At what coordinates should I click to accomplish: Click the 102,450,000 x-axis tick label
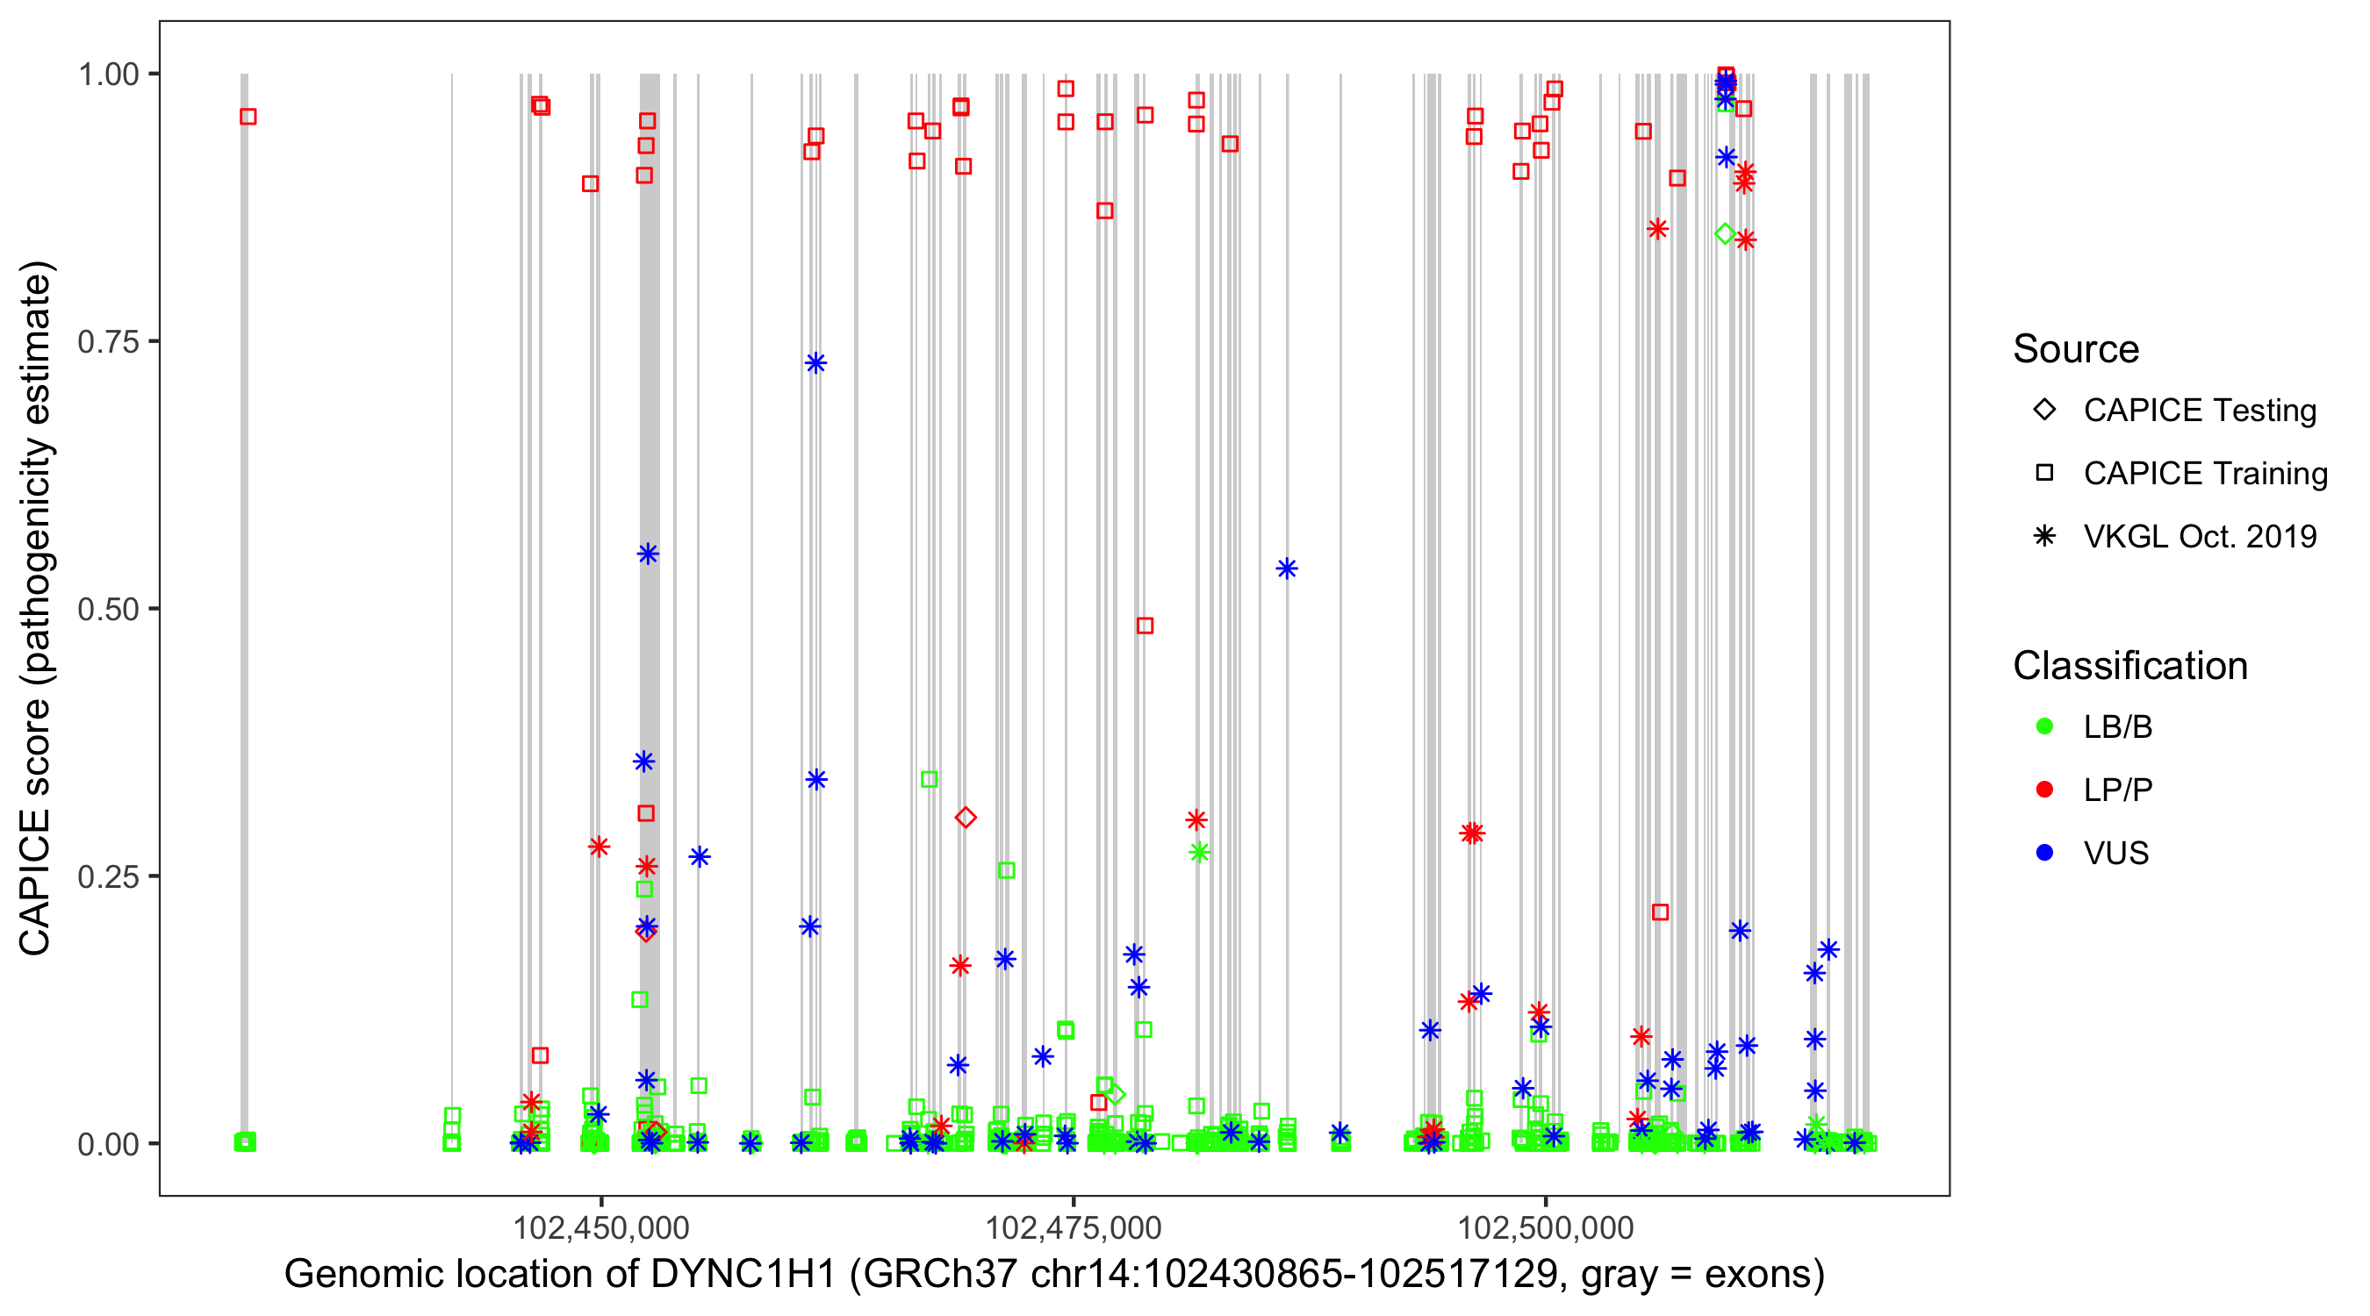click(x=600, y=1227)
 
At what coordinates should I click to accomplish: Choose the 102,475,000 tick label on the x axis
click(x=1073, y=1227)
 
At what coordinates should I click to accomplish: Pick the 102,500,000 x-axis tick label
click(x=1546, y=1227)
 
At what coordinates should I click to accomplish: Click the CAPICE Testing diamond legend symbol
click(x=2044, y=409)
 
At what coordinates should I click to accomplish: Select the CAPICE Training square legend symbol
click(x=2044, y=473)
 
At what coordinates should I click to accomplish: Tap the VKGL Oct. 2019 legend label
click(x=2200, y=536)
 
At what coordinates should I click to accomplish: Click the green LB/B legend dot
click(x=2044, y=726)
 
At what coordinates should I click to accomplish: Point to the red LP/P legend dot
click(x=2044, y=790)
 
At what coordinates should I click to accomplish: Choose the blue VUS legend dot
click(x=2044, y=853)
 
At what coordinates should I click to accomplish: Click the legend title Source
click(x=2076, y=349)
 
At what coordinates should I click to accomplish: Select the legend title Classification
click(x=2129, y=666)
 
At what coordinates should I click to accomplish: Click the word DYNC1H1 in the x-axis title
click(x=743, y=1275)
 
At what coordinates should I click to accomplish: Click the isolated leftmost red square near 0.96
click(x=248, y=117)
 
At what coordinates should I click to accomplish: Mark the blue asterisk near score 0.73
click(x=815, y=363)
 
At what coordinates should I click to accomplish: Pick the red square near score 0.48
click(x=1145, y=626)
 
